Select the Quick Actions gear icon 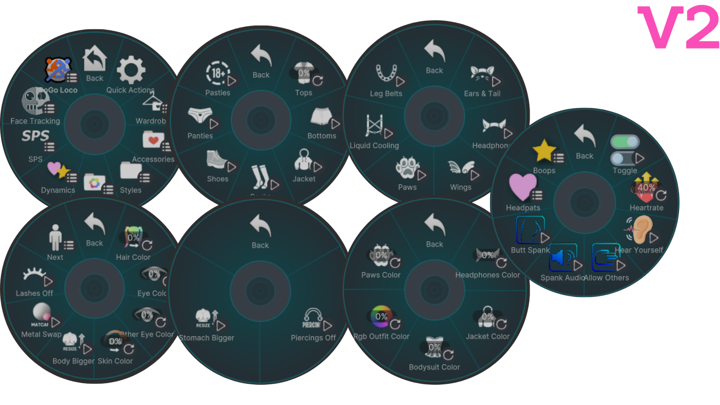(x=131, y=70)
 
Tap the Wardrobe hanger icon (x=153, y=102)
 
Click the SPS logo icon (x=35, y=135)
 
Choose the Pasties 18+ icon (x=218, y=73)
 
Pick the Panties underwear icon (x=200, y=115)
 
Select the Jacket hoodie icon (x=304, y=159)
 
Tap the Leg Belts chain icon (x=386, y=72)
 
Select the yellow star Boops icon (x=544, y=150)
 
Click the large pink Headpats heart (x=522, y=186)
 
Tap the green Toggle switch (x=625, y=142)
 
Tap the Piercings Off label (x=313, y=338)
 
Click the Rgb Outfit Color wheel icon (x=381, y=316)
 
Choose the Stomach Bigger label (x=207, y=338)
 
